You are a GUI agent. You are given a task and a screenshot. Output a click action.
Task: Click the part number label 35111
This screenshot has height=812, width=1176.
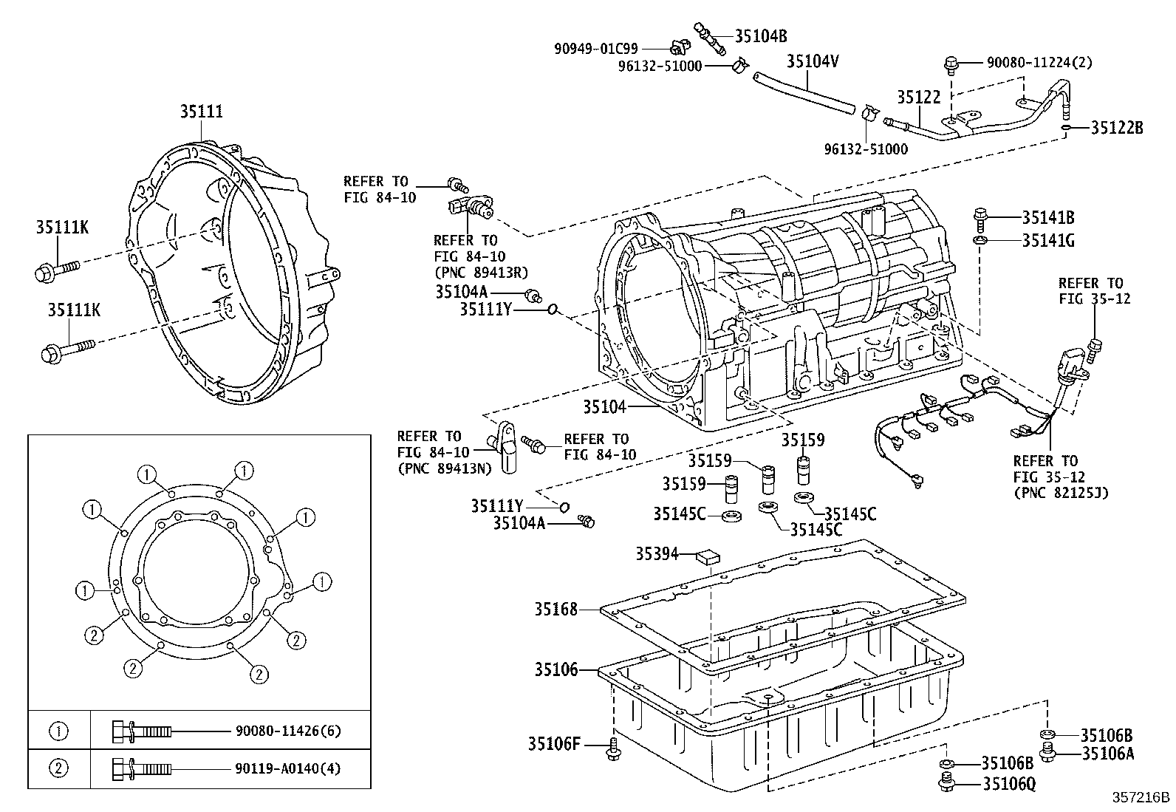point(202,112)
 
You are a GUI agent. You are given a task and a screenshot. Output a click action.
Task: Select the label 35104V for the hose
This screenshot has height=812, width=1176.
point(813,61)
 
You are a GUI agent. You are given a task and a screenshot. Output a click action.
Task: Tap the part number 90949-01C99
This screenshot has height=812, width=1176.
point(596,50)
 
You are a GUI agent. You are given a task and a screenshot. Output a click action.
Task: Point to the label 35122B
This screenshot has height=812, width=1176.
point(1117,128)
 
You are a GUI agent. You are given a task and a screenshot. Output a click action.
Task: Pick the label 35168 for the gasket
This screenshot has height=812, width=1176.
point(556,610)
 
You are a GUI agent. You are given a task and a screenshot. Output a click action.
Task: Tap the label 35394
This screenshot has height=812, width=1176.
point(657,553)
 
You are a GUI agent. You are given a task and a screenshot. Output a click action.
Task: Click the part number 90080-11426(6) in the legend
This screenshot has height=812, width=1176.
point(289,731)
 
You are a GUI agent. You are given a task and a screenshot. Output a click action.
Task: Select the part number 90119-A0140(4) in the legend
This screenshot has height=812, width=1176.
point(289,768)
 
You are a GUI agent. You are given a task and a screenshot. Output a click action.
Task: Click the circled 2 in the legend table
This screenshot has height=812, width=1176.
point(58,768)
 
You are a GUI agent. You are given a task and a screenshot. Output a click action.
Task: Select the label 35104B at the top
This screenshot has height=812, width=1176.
point(761,35)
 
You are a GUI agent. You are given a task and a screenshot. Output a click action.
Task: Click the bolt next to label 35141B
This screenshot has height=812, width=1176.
point(980,217)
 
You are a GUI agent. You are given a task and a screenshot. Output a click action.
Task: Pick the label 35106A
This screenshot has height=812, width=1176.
point(1107,754)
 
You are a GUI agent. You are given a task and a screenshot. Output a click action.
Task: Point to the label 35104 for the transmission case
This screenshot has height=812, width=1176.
point(604,406)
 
